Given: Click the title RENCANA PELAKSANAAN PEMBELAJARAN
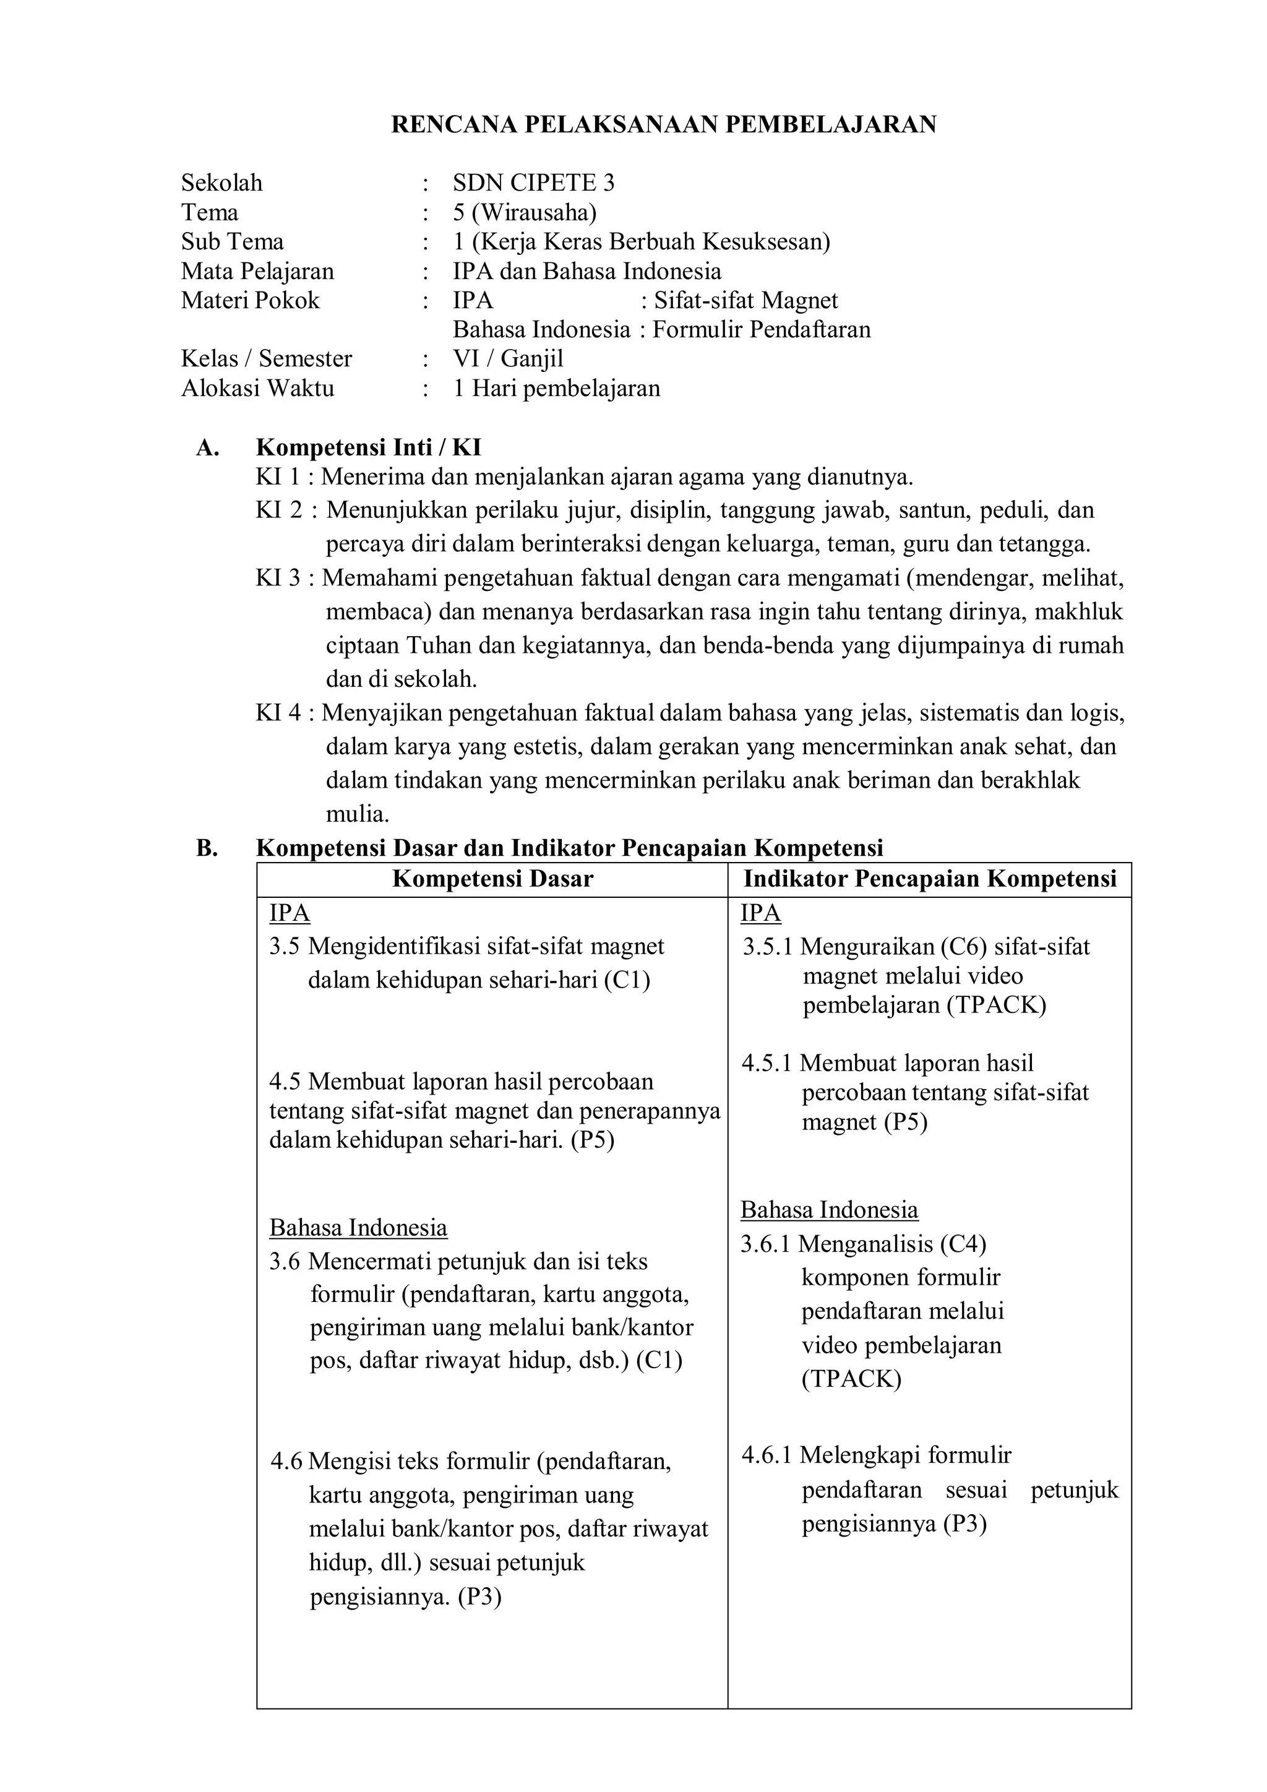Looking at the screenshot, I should (663, 125).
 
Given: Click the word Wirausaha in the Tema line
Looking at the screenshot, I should (535, 212).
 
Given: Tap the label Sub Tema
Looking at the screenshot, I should (233, 241).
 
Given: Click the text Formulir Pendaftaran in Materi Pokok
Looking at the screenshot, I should (761, 329).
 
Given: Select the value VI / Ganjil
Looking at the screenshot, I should (508, 359).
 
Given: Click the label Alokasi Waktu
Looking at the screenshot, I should (257, 388).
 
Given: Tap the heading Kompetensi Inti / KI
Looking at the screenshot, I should (368, 447).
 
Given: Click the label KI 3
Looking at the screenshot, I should (278, 579).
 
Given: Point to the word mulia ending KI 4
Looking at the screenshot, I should (358, 815).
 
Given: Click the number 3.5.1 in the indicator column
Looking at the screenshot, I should (767, 947).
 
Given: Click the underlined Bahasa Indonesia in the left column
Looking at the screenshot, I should (358, 1228).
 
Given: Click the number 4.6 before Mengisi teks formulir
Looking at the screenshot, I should (286, 1461).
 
